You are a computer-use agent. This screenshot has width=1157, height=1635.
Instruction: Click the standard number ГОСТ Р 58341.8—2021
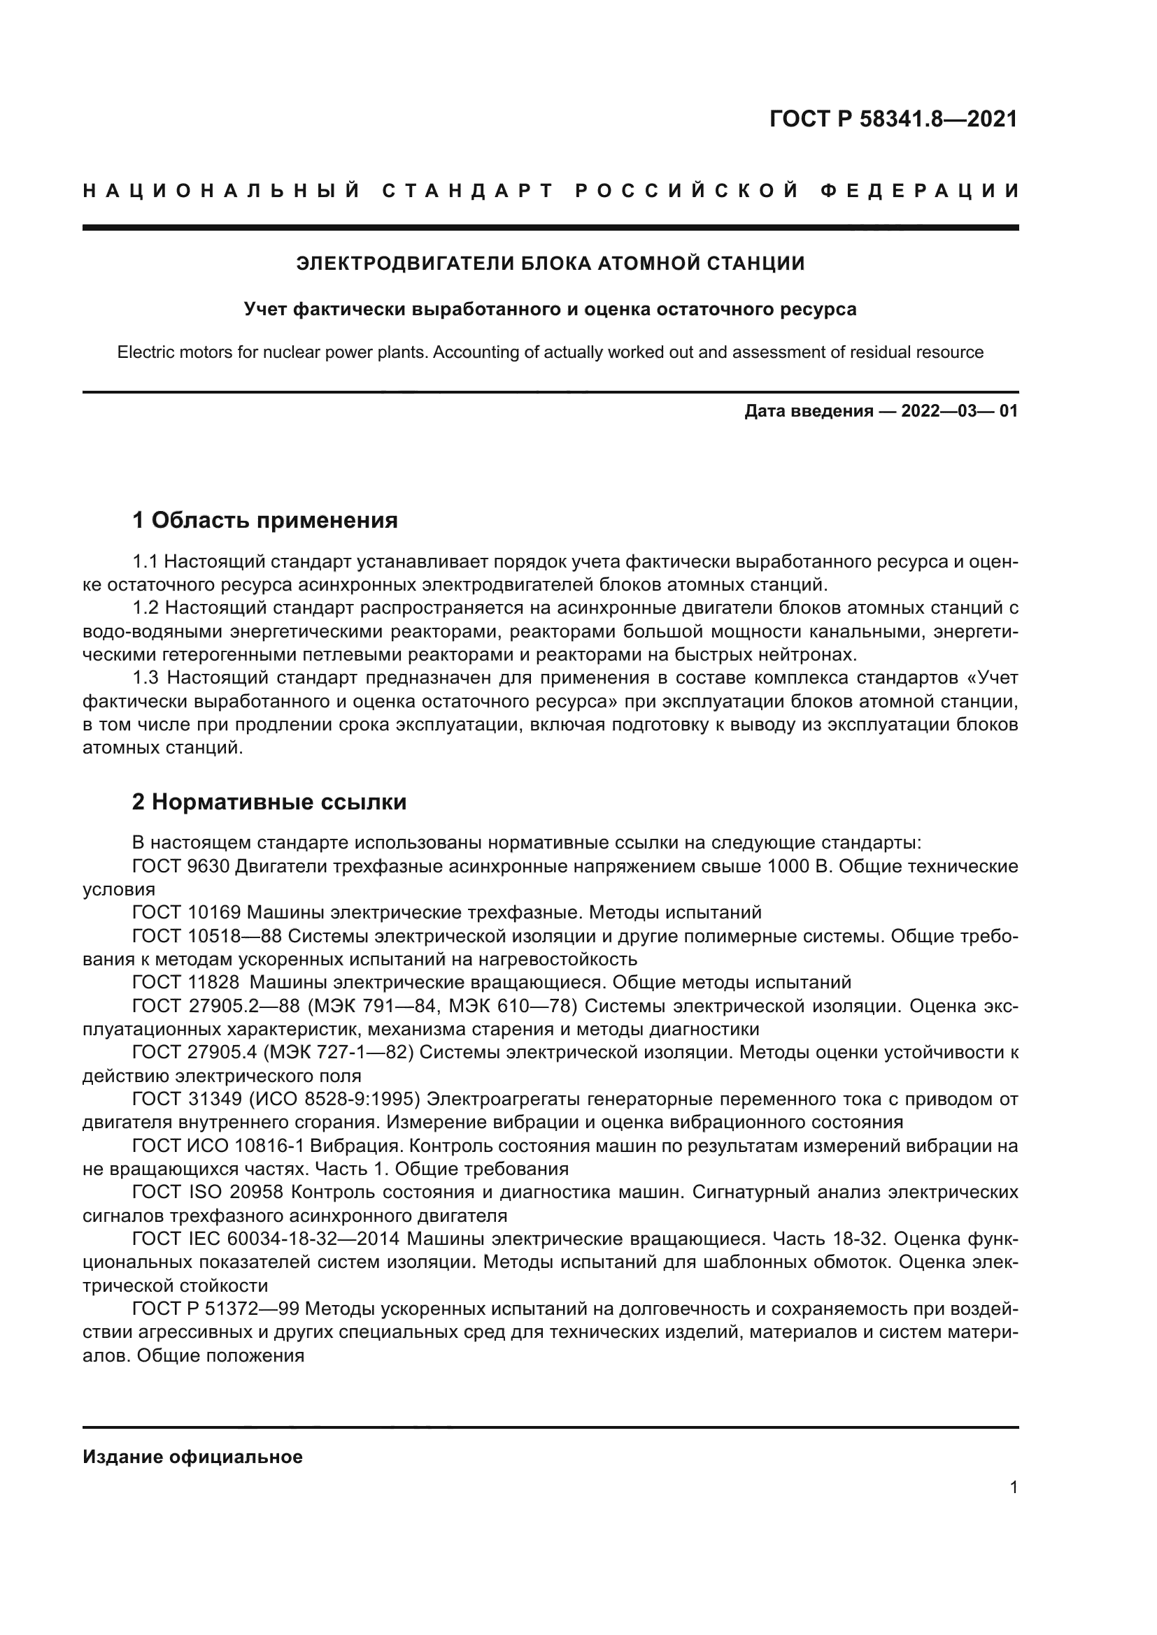point(893,119)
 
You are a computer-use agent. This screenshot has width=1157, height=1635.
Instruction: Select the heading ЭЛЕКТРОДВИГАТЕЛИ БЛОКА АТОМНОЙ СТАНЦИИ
point(550,264)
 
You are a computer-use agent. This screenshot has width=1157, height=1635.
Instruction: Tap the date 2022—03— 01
point(959,412)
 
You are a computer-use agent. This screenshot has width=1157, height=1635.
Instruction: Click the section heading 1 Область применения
point(265,521)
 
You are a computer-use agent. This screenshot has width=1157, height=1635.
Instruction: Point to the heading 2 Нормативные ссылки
point(269,802)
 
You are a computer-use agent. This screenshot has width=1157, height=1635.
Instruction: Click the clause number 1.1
point(145,562)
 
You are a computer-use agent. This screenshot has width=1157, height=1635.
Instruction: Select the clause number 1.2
point(145,608)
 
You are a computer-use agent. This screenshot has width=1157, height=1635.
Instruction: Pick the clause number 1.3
point(146,677)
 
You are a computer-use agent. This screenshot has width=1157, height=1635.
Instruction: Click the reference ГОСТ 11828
point(185,982)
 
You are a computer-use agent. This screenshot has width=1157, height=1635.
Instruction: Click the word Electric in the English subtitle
point(147,352)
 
